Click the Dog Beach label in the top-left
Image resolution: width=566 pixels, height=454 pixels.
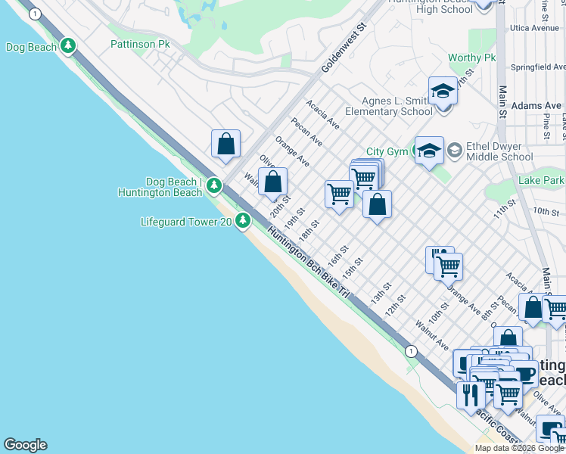coord(31,47)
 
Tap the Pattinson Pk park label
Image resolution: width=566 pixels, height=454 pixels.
coord(140,45)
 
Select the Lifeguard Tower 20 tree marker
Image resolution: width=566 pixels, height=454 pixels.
coord(242,221)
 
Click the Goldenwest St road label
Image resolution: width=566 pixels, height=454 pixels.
coord(344,47)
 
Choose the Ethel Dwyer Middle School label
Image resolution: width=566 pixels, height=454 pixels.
coord(499,152)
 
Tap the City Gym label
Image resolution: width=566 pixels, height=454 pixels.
coord(387,152)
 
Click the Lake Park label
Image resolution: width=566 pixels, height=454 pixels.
coord(542,181)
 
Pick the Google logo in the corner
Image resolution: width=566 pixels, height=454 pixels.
coord(25,445)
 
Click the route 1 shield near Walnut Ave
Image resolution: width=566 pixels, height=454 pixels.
coord(411,351)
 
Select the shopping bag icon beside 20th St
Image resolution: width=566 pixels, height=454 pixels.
coord(273,182)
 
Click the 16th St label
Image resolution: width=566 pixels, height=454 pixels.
coord(337,256)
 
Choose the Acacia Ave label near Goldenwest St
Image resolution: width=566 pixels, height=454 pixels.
coord(323,112)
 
